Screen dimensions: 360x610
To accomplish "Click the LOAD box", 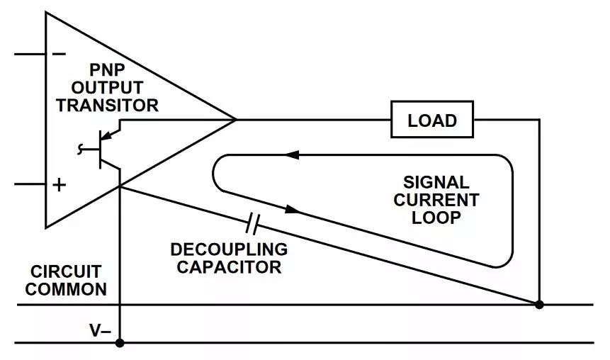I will click(432, 120).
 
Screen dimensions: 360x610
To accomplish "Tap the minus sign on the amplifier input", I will click(60, 54).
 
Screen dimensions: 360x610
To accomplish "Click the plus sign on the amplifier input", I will click(60, 185).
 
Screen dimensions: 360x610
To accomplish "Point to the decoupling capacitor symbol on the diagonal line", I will click(253, 225).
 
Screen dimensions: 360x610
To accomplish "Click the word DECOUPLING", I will click(229, 249).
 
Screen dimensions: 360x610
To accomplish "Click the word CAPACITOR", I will click(229, 267).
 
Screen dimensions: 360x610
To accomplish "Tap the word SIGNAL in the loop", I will click(436, 182).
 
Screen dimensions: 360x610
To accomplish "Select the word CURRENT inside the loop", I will click(436, 200).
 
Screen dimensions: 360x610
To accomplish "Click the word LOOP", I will click(436, 218).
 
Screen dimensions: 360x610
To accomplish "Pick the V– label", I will click(98, 330).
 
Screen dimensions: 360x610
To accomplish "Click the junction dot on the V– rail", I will click(120, 343).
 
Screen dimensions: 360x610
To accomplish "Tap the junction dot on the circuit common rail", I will click(539, 305).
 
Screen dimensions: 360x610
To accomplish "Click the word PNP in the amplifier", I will click(108, 70).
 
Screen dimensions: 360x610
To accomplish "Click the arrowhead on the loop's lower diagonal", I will click(292, 209).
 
